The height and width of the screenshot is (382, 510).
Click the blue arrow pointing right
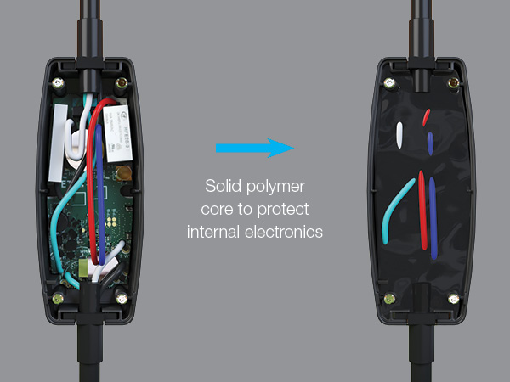pos(255,148)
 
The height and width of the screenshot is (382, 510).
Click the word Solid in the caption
pos(223,186)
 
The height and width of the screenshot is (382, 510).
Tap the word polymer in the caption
pos(275,188)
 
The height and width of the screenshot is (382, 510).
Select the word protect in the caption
pos(283,210)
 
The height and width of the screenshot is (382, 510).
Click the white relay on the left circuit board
pos(117,133)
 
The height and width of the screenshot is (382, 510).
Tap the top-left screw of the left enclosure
pos(58,83)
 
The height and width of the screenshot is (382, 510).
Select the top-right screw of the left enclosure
pos(122,83)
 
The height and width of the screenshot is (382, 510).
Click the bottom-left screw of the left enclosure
pos(58,298)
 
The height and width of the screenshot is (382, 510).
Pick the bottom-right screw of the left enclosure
pos(122,298)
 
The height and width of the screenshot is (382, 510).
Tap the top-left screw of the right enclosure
pos(389,83)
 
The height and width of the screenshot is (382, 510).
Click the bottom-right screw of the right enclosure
pos(453,298)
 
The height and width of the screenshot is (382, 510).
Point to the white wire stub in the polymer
pos(399,135)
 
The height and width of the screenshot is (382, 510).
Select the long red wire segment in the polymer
pos(422,211)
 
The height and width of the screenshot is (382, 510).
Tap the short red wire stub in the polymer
pos(426,118)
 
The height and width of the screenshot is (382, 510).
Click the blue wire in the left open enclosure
pos(101,195)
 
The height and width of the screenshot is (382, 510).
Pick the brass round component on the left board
pos(123,173)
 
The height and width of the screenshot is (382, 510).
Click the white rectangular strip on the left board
pos(58,143)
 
